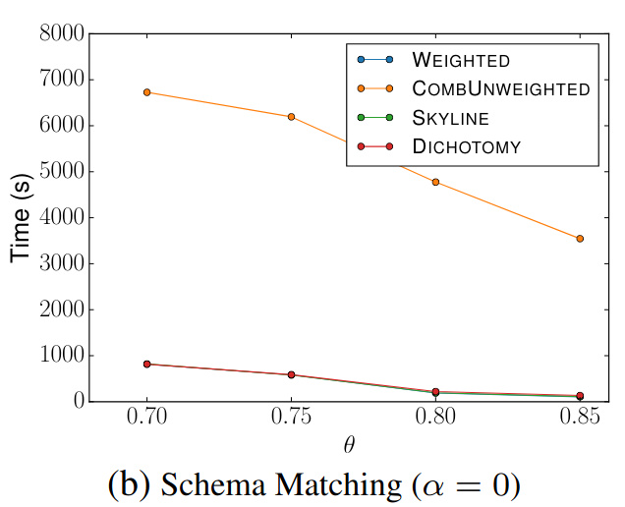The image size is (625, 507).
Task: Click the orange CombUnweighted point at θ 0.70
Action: click(x=147, y=92)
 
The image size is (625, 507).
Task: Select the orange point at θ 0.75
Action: click(x=291, y=117)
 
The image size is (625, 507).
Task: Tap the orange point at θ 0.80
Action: click(x=435, y=182)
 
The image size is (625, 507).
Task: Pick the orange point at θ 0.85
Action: click(x=580, y=239)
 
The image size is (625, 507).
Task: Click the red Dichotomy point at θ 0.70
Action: click(x=147, y=365)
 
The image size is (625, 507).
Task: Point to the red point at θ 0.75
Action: click(x=291, y=375)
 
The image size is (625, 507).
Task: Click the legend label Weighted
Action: click(x=461, y=61)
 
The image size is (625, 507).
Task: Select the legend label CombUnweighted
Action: click(x=501, y=89)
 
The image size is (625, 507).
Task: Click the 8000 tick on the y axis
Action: click(x=59, y=33)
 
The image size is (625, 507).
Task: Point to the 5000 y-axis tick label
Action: click(x=59, y=172)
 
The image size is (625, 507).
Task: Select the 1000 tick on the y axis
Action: click(x=59, y=356)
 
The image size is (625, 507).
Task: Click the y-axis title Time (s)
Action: click(x=22, y=217)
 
